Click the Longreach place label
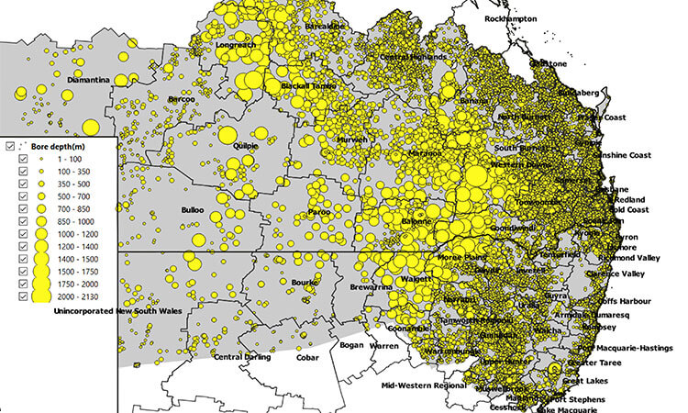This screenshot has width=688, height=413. [x=235, y=44]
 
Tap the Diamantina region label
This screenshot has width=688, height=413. [x=87, y=80]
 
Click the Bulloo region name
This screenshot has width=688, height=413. [x=193, y=210]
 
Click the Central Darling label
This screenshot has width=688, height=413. [x=242, y=357]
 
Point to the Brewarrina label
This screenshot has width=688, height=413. [x=371, y=287]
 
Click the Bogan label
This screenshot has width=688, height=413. [x=351, y=345]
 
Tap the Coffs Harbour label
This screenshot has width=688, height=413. [x=625, y=300]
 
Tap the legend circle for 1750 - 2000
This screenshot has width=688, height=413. [x=42, y=285]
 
